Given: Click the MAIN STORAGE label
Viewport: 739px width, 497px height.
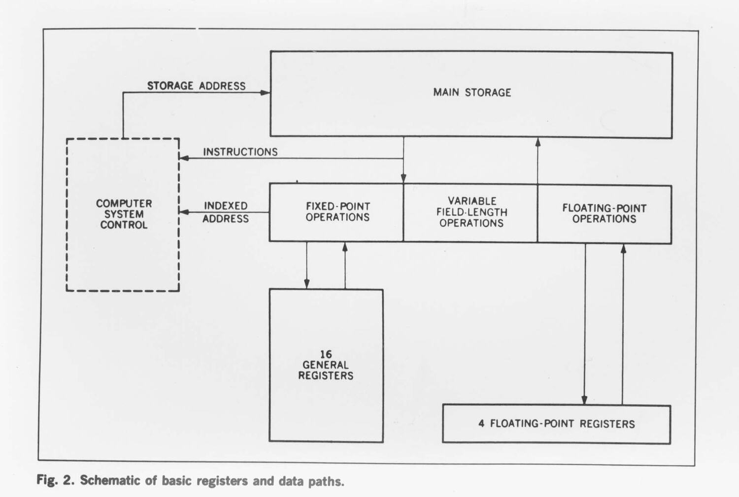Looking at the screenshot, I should pos(472,93).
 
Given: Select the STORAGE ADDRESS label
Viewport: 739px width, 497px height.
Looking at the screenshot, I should pos(196,86).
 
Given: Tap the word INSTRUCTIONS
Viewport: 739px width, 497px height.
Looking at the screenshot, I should pos(240,152).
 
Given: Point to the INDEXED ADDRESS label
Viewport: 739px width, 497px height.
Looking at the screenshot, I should pos(226,212).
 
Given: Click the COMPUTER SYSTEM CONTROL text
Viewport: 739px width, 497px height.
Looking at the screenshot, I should pos(124,214).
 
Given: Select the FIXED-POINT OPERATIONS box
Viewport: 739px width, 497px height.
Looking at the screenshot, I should pos(337,212).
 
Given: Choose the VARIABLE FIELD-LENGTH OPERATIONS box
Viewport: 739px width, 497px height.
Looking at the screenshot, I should pos(471,212).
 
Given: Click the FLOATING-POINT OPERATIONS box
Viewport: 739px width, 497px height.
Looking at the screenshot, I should pos(604,214).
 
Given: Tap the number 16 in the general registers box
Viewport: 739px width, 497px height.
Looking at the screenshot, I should pos(326,354).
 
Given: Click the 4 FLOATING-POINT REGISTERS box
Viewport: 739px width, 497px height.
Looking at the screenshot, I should pos(556,424).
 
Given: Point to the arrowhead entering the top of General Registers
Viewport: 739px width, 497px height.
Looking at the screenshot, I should pos(306,284).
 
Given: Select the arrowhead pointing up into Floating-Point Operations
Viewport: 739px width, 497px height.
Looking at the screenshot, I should pos(623,249).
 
